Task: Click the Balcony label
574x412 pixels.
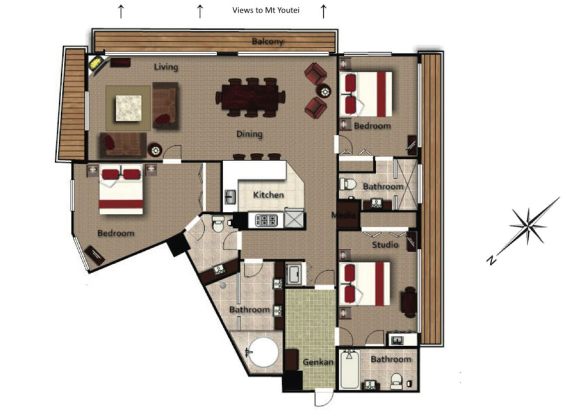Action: [268, 41]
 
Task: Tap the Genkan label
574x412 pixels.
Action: [318, 362]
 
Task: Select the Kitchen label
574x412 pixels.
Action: [269, 195]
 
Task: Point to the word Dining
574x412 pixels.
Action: [249, 134]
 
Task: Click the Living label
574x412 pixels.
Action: [166, 67]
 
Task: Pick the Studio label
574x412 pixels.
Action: [385, 245]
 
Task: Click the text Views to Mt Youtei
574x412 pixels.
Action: [266, 10]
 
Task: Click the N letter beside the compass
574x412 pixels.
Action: [491, 260]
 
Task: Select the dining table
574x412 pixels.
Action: [251, 97]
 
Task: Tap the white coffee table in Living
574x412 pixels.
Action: [129, 108]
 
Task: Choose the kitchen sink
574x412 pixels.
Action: [230, 197]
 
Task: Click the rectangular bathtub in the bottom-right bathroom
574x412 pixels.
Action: [349, 369]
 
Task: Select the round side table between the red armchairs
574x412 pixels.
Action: [324, 91]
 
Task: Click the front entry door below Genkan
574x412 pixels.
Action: [324, 398]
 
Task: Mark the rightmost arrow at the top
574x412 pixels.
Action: [323, 11]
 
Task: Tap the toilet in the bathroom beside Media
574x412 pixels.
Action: [347, 184]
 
